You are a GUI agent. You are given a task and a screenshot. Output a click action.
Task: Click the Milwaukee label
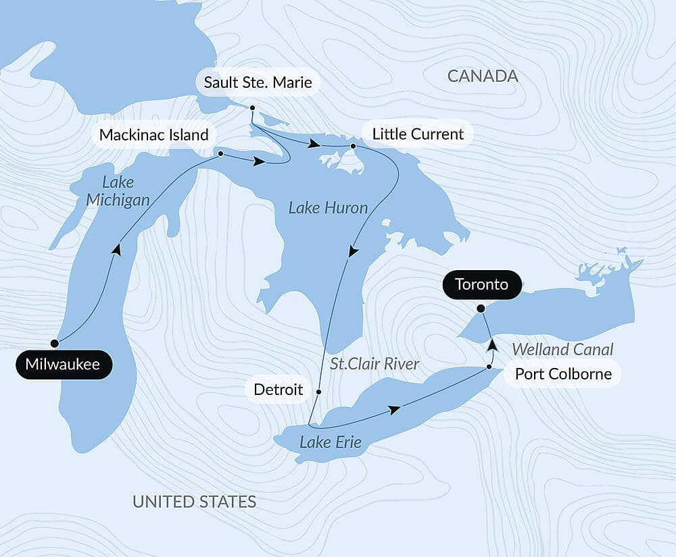63,365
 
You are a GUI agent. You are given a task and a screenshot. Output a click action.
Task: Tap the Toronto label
481,284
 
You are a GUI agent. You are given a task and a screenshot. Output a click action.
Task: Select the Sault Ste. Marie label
258,83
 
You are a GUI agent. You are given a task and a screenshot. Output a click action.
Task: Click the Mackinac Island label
153,134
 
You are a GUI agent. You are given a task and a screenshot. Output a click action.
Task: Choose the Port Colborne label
562,374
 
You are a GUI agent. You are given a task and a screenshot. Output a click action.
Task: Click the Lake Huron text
328,208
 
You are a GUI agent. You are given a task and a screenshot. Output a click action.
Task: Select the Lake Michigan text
118,190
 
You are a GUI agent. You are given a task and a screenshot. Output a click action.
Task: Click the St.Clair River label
375,364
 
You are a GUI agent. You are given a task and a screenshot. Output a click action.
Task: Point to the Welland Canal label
562,349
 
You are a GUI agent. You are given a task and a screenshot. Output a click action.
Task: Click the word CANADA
483,76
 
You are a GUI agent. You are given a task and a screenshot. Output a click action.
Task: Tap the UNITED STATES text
194,501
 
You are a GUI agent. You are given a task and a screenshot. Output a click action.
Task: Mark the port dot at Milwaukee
55,343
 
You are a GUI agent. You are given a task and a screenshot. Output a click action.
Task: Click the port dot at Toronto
480,309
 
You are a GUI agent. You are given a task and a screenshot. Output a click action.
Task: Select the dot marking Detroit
318,391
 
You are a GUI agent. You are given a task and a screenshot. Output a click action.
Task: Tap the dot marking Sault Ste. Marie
251,108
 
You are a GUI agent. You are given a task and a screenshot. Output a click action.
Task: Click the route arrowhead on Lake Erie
394,410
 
